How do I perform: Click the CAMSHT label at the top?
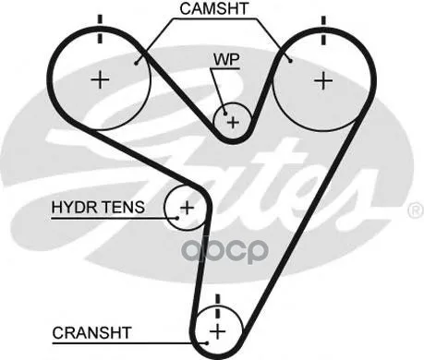[214, 8]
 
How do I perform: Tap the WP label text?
[226, 60]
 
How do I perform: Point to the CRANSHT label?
[91, 333]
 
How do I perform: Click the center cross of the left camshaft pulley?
[100, 80]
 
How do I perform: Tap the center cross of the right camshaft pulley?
[323, 80]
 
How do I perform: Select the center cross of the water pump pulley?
[233, 123]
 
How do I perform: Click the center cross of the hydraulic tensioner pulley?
[187, 208]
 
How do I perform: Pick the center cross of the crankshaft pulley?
[218, 331]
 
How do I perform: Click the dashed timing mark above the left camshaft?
[100, 29]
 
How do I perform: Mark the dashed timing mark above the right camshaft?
[323, 30]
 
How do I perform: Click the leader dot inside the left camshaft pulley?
[136, 64]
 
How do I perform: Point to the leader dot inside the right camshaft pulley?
[290, 61]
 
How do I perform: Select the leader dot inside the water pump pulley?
[225, 114]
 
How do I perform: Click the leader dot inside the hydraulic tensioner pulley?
[177, 218]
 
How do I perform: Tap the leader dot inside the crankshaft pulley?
[207, 343]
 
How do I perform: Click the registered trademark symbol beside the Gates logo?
[417, 210]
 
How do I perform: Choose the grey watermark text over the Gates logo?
[224, 250]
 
